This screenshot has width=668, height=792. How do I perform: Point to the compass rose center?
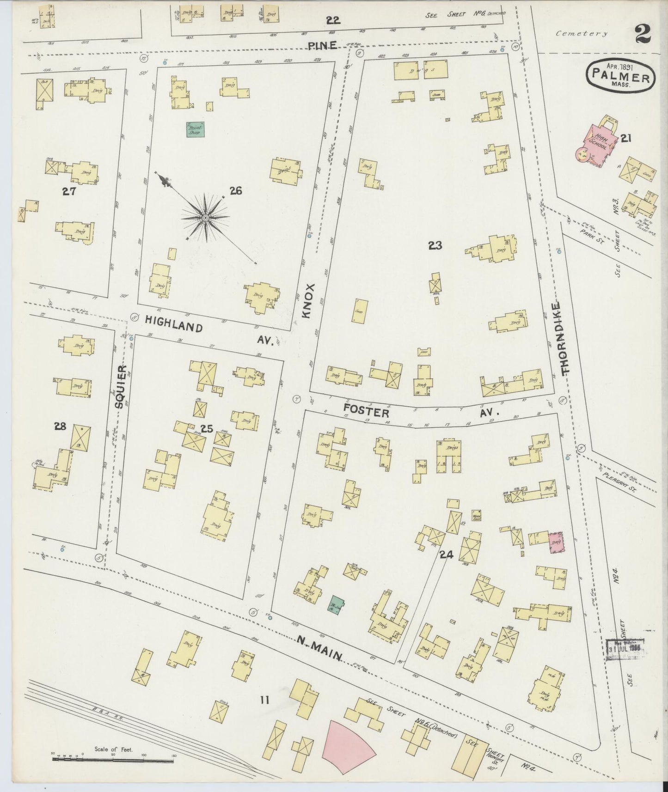pyautogui.click(x=204, y=217)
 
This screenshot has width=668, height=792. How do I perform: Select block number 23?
pyautogui.click(x=435, y=246)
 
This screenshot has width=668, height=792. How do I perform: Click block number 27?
pyautogui.click(x=69, y=191)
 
